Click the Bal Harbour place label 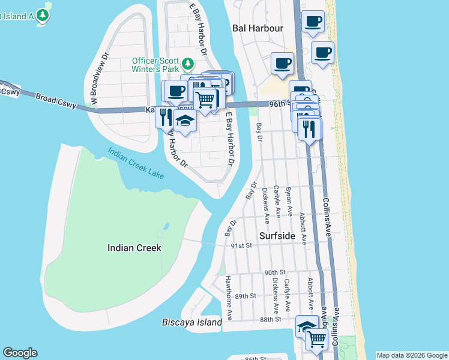pyautogui.click(x=258, y=28)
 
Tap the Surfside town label pyautogui.click(x=277, y=236)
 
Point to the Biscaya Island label pyautogui.click(x=192, y=322)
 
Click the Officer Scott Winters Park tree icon pyautogui.click(x=188, y=64)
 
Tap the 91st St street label pyautogui.click(x=243, y=245)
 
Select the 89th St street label pyautogui.click(x=246, y=296)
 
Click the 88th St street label pyautogui.click(x=271, y=320)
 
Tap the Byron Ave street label pyautogui.click(x=289, y=201)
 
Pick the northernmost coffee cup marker pyautogui.click(x=312, y=23)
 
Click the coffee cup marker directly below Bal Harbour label pyautogui.click(x=282, y=63)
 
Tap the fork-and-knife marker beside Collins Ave pyautogui.click(x=309, y=128)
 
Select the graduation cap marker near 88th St pyautogui.click(x=307, y=326)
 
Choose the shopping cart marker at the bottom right pyautogui.click(x=316, y=339)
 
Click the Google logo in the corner pyautogui.click(x=20, y=353)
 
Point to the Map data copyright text pyautogui.click(x=411, y=355)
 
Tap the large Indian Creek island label pyautogui.click(x=134, y=248)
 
